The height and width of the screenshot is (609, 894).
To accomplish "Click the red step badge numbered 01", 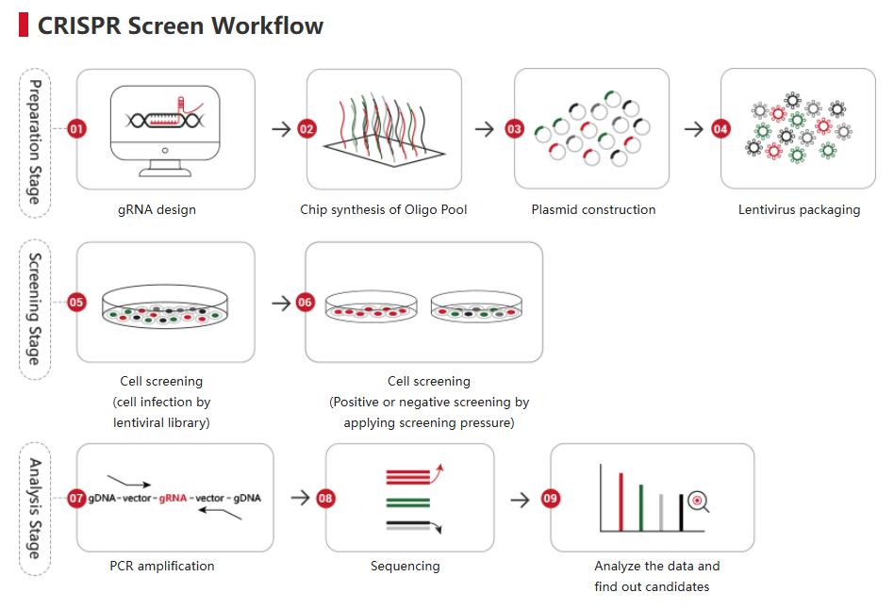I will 77,129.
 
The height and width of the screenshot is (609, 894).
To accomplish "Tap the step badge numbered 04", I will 721,129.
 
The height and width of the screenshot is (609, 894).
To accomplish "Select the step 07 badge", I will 77,498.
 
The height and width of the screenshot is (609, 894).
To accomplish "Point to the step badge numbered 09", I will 551,498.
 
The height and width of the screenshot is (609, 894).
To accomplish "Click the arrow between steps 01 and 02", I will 281,129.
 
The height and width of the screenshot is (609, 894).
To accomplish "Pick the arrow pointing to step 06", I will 281,303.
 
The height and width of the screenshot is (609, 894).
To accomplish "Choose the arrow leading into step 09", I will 520,498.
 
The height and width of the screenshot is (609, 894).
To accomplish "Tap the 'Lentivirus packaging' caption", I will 799,209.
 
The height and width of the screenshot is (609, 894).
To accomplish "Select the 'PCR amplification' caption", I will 162,566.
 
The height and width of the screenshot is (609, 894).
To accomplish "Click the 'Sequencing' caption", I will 405,566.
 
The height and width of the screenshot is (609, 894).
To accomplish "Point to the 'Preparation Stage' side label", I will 35,141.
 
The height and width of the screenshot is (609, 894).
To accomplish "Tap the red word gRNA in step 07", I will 174,498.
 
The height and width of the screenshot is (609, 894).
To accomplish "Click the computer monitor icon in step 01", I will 165,125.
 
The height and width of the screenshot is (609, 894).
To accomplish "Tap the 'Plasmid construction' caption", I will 593,209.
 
